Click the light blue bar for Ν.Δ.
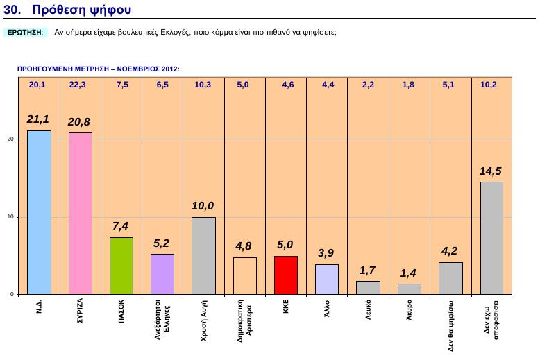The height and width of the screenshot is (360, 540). point(39,212)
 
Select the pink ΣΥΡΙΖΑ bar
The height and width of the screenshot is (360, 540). point(80,214)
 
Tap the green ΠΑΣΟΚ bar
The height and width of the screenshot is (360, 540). point(121,266)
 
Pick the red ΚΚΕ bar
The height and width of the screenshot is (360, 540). point(286,275)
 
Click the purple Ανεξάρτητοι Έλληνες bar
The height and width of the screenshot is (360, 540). point(162,274)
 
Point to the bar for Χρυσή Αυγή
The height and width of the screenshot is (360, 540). point(203,256)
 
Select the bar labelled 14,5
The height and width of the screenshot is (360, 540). point(491,238)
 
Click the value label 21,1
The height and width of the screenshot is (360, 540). point(38,119)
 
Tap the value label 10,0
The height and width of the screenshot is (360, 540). point(203,206)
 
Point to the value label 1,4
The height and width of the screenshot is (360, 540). point(409,274)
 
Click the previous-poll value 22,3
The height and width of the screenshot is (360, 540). point(78,85)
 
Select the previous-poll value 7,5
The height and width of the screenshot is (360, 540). point(122,85)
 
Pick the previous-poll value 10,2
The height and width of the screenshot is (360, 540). point(489,85)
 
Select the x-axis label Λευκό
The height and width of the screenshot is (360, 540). point(368,309)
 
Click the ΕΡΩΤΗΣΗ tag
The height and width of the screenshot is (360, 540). point(25,33)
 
